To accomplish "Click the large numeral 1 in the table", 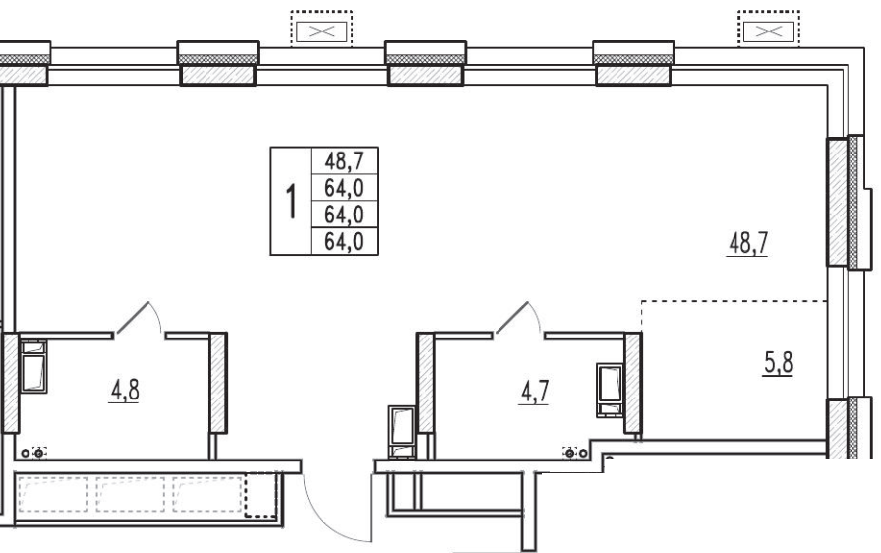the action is (x=290, y=202).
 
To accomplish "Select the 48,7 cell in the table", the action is (x=344, y=161).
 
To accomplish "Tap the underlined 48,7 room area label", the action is (x=748, y=244).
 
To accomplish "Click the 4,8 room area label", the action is (x=125, y=391).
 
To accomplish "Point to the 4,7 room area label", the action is (x=534, y=392).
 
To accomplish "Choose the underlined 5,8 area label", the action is (x=778, y=363).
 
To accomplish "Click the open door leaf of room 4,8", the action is (x=133, y=318).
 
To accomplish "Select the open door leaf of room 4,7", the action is (x=512, y=318).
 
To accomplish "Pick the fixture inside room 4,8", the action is (x=33, y=366).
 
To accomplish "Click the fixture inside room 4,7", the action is (x=611, y=391).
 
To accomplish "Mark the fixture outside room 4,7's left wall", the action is (x=402, y=432).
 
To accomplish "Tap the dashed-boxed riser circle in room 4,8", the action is (x=38, y=453).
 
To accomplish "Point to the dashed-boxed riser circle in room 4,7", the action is (x=569, y=452).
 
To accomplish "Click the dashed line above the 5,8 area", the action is (x=734, y=301).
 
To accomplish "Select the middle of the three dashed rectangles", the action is (x=131, y=495).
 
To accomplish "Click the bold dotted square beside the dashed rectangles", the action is (x=262, y=495).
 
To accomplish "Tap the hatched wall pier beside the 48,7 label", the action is (x=837, y=203).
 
